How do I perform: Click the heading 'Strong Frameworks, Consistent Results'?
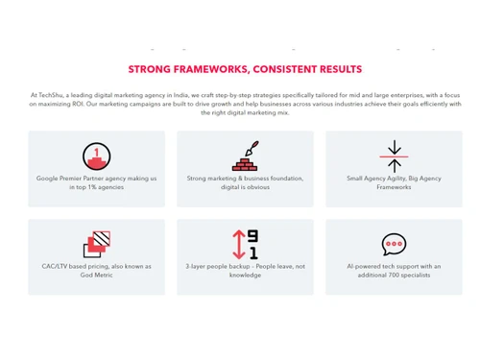245,69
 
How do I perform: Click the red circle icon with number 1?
96,155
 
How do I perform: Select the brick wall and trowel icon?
245,156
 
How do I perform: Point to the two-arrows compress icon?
394,155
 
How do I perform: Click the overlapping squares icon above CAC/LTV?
97,245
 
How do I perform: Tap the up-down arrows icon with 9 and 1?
245,245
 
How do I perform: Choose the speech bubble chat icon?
394,245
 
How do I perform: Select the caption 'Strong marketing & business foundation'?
245,179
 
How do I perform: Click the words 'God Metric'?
96,275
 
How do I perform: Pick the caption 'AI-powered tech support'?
394,266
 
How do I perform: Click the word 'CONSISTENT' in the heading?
288,69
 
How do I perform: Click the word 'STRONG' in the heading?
149,69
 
